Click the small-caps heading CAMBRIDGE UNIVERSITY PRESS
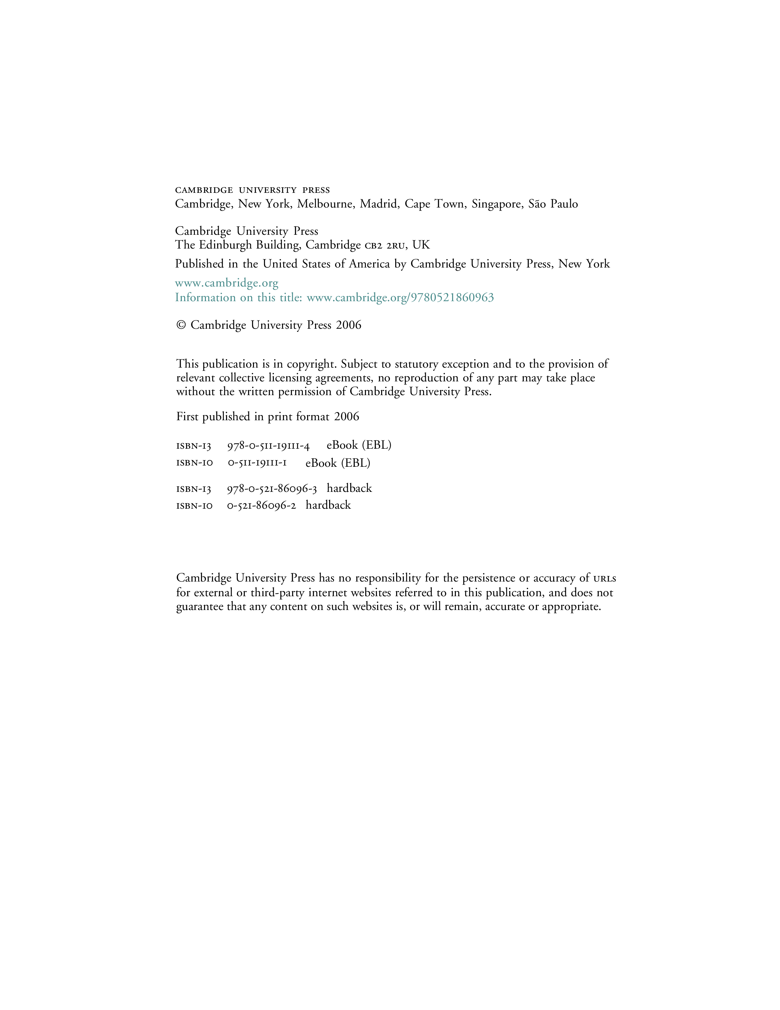[x=252, y=190]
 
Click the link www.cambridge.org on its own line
[x=226, y=283]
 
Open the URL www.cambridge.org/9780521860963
[x=400, y=297]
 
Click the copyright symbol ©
[x=181, y=325]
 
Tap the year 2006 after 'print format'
[x=347, y=417]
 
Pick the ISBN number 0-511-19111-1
[x=257, y=463]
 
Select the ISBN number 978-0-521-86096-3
[x=272, y=489]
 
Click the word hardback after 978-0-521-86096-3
[x=349, y=488]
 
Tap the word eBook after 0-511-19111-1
[x=321, y=463]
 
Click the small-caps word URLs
[x=604, y=578]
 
